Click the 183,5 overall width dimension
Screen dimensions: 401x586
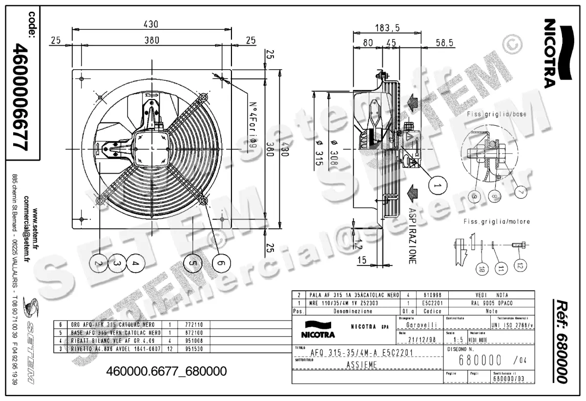pos(387,28)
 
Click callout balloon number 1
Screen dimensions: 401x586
pos(438,186)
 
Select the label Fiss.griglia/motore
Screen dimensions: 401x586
pos(497,221)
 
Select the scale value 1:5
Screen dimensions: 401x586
pos(458,340)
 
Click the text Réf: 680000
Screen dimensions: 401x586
pos(561,341)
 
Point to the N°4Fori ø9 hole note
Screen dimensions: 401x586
pos(253,125)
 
